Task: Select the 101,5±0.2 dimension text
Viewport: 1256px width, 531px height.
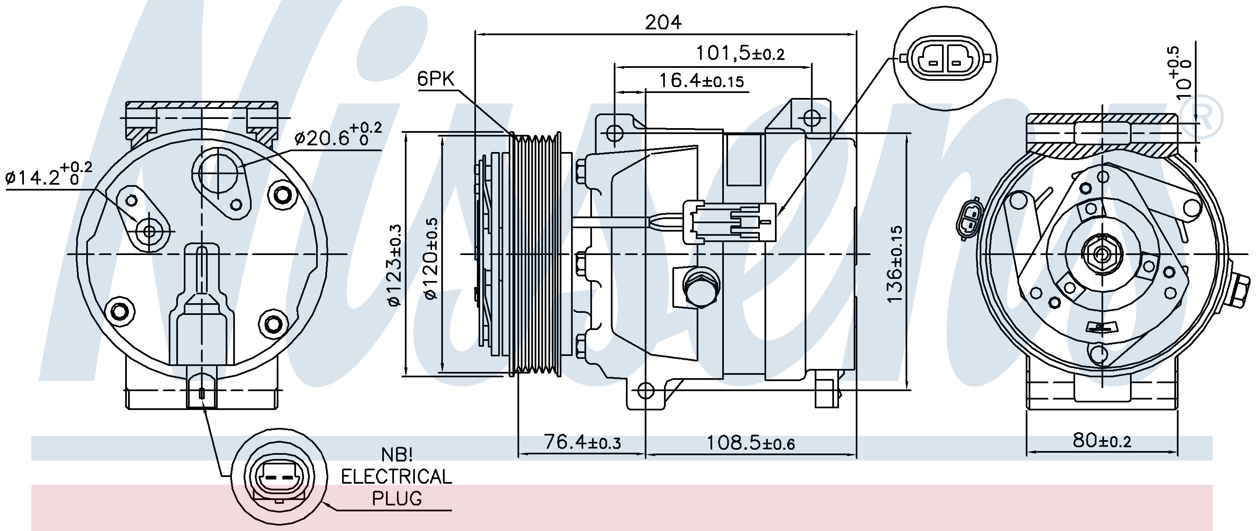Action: pos(740,53)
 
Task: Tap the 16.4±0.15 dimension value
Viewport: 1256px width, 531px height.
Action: pos(701,81)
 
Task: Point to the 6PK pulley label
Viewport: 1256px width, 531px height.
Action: pos(435,79)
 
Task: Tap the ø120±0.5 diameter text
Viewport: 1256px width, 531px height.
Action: pos(431,258)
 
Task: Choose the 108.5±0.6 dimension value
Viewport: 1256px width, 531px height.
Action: pos(750,443)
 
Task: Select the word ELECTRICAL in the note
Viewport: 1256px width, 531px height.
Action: pos(396,477)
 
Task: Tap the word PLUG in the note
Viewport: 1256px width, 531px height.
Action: pos(396,498)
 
